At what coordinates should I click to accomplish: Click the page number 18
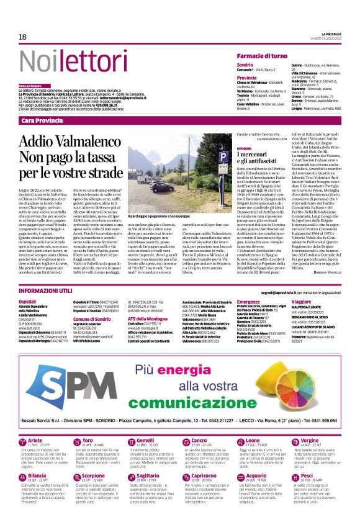point(22,37)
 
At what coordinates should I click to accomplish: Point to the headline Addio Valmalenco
point(62,140)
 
